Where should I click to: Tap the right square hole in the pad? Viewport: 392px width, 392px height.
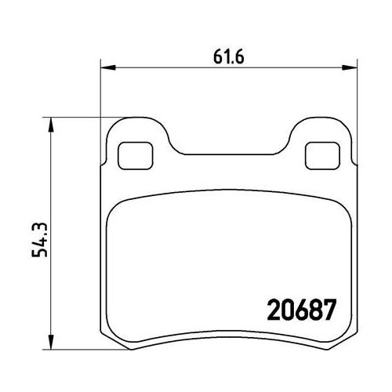click(x=318, y=154)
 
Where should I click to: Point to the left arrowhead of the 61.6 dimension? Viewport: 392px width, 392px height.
click(x=108, y=69)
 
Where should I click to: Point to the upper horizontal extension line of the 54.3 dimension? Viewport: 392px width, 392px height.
click(x=78, y=118)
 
